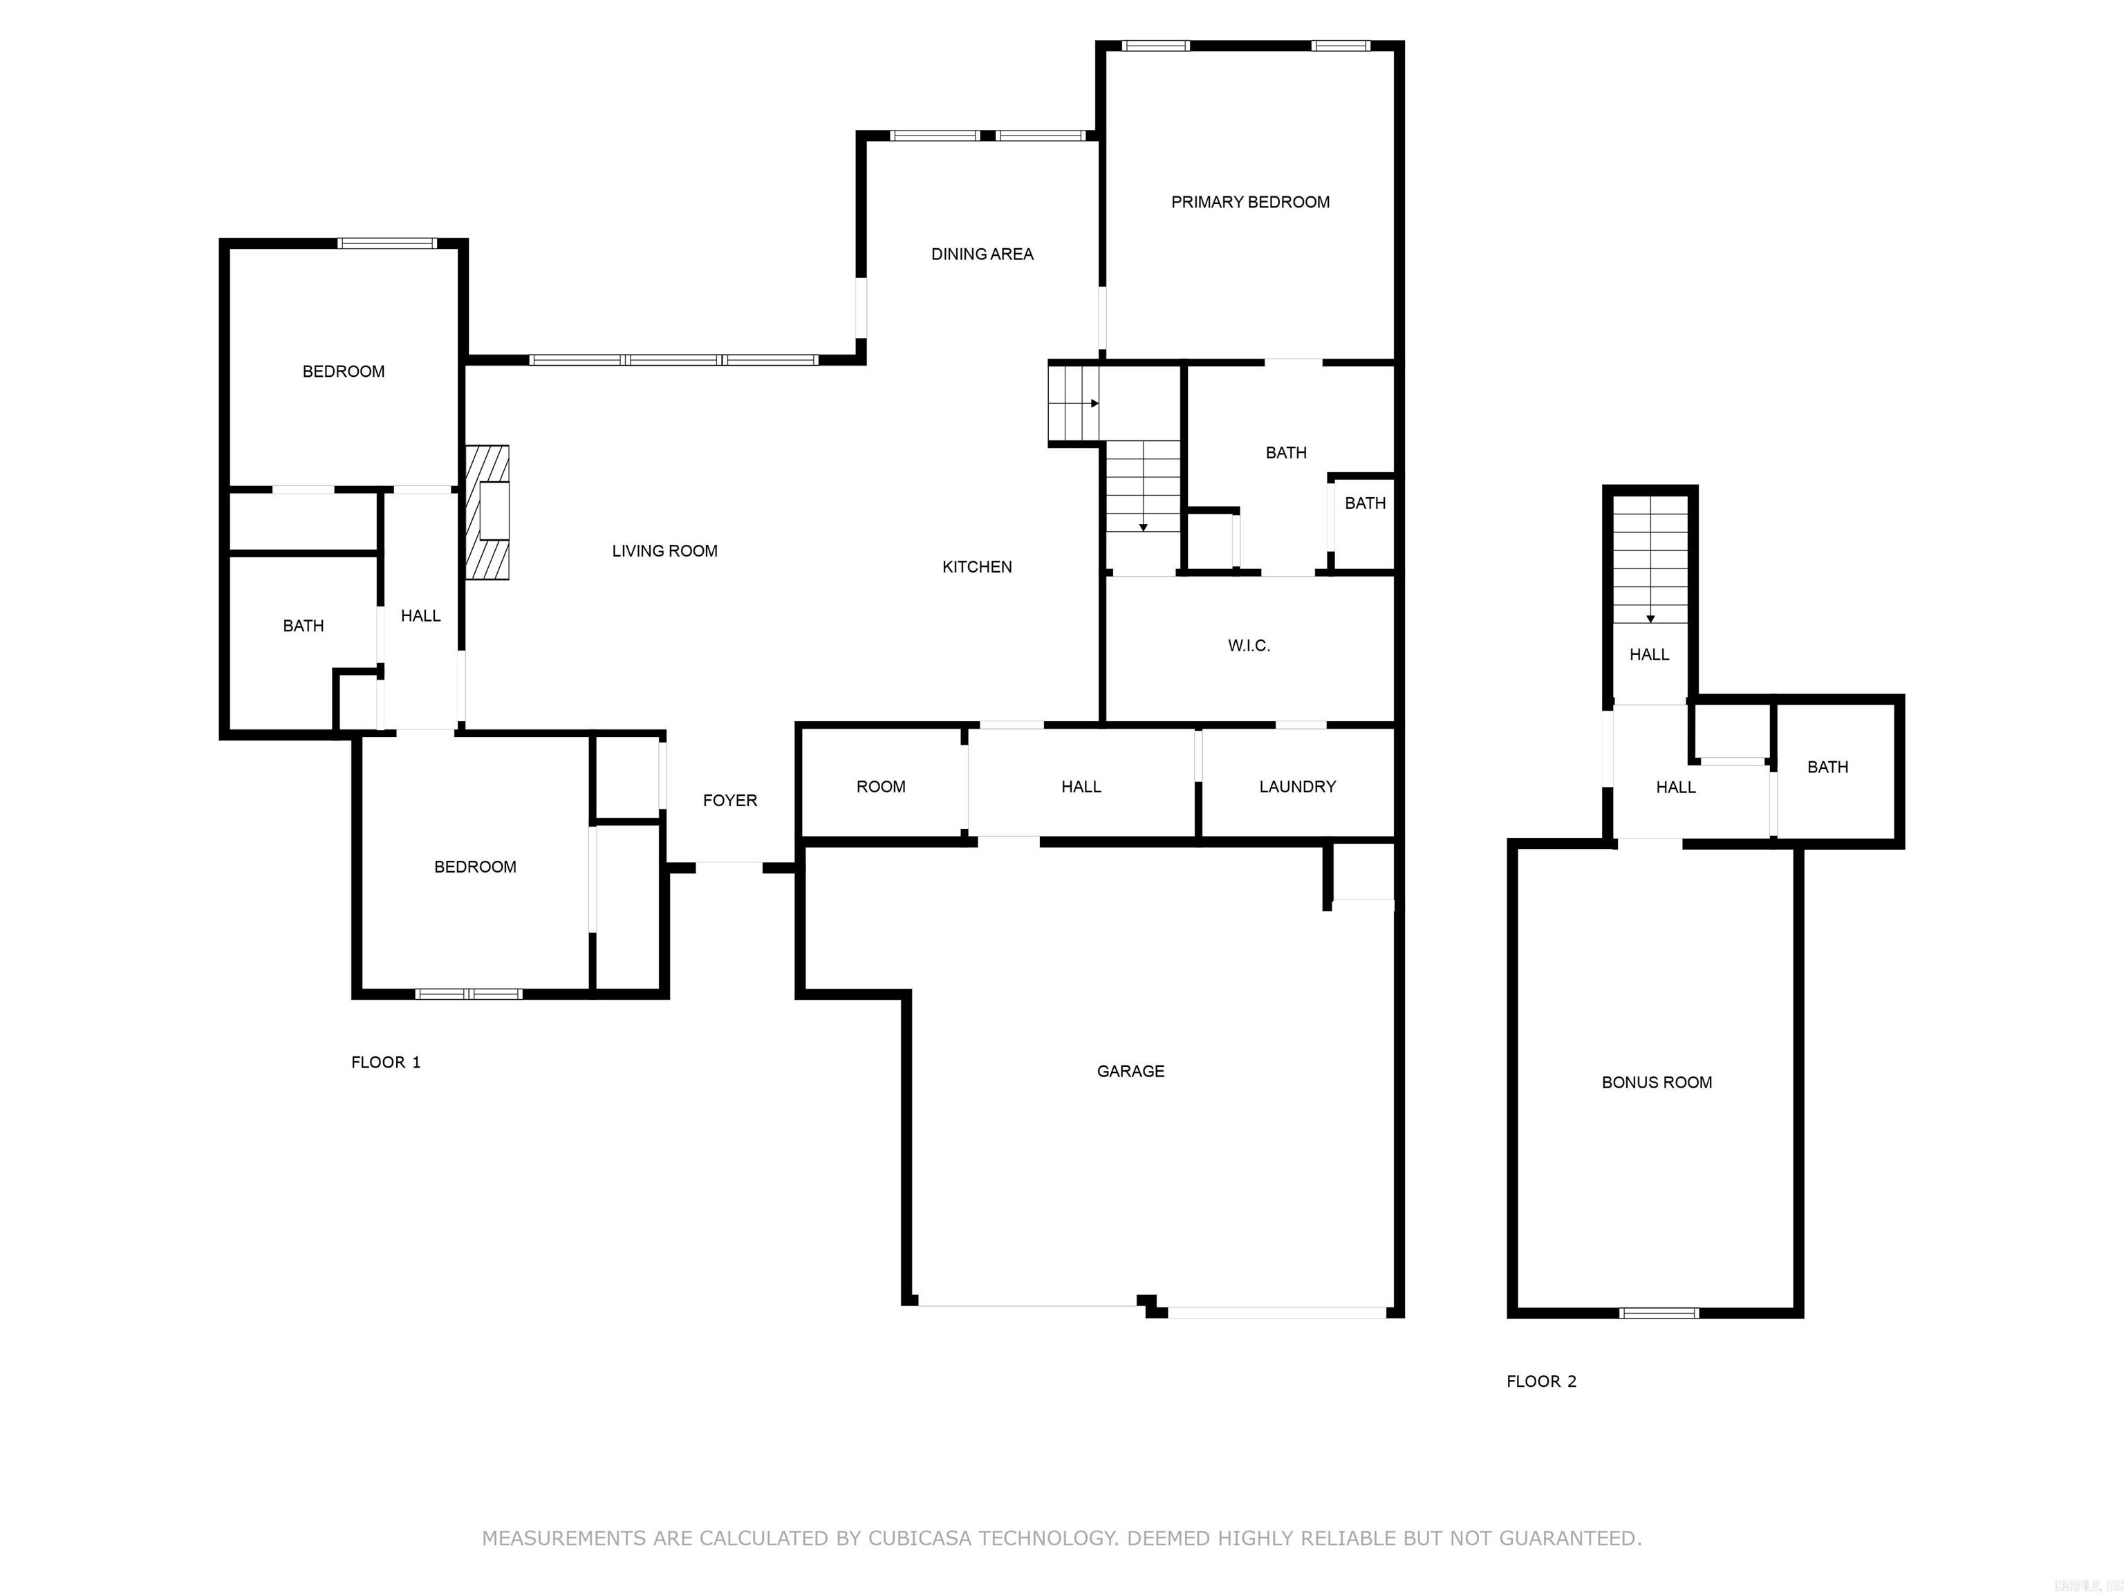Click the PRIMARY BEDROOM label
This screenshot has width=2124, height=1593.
coord(1249,202)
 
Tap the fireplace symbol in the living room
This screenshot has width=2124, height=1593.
coord(488,512)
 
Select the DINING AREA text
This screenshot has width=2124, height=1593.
coord(981,254)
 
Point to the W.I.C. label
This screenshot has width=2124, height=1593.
coord(1248,645)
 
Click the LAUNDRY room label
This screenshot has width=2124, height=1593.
coord(1296,786)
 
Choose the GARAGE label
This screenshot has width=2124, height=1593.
coord(1130,1070)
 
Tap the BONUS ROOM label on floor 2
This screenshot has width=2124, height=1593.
coord(1657,1082)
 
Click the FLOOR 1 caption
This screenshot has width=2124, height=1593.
coord(385,1062)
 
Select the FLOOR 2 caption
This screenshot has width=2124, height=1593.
coord(1540,1381)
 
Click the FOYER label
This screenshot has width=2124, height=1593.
coord(729,800)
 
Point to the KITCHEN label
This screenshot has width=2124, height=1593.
coord(976,566)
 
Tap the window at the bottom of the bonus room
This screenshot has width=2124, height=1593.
coord(1658,1312)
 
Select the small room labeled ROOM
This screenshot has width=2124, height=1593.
coord(881,786)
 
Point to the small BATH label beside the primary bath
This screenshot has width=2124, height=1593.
coord(1364,503)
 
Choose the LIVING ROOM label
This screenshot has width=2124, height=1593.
coord(664,550)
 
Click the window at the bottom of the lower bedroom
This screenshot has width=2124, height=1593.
coord(469,994)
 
